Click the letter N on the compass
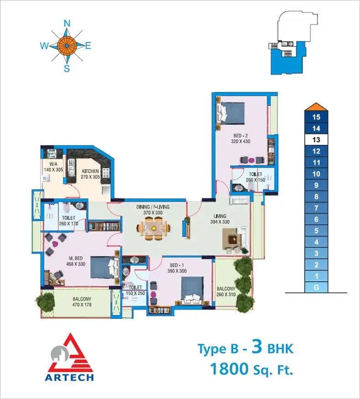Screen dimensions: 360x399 (x=67, y=23)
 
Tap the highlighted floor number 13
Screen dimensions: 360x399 (x=316, y=140)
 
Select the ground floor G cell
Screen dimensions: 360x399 (x=316, y=288)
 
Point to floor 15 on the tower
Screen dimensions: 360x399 (x=316, y=117)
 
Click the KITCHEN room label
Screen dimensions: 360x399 (x=90, y=171)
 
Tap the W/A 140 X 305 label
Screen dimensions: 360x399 (x=53, y=167)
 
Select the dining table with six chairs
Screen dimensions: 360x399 (x=153, y=228)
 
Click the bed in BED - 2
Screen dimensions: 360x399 (x=231, y=113)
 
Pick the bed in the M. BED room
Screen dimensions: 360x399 (x=105, y=267)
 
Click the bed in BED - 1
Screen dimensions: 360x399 (x=192, y=290)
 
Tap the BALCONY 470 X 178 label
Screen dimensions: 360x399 (x=82, y=301)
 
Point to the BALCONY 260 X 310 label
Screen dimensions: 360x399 (x=226, y=292)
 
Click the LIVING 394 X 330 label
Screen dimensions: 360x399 (x=220, y=219)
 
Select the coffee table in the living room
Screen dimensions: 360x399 (x=232, y=239)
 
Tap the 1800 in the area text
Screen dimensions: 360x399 (x=229, y=369)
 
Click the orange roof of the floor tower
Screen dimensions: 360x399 (x=316, y=107)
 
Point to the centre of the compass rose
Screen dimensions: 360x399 (x=67, y=46)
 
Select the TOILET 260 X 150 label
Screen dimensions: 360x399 (x=256, y=177)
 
